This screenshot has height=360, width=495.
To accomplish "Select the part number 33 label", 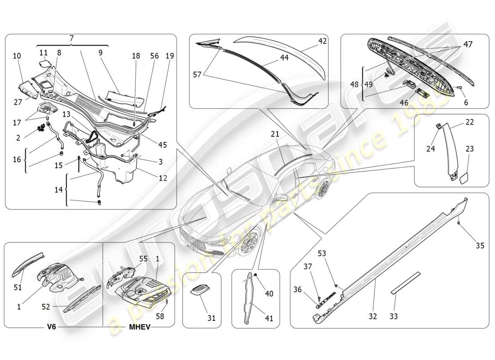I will tap(394, 316).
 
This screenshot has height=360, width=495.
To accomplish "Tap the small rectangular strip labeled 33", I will tap(405, 282).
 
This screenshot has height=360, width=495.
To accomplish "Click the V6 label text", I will tap(51, 328).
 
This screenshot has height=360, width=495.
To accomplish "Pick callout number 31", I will tap(211, 318).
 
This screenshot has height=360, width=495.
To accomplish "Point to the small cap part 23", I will tap(463, 177).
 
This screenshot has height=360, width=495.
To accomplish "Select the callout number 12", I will tap(162, 178).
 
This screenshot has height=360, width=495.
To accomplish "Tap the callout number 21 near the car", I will tap(275, 134).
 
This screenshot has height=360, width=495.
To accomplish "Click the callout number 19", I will tap(169, 56).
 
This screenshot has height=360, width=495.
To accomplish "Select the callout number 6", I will tap(466, 103).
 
